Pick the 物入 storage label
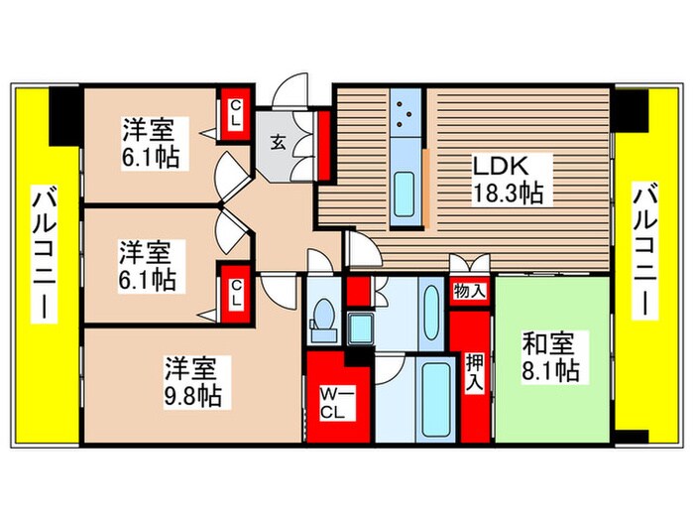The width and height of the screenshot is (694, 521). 469,292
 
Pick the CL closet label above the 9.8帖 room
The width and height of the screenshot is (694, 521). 236,294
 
